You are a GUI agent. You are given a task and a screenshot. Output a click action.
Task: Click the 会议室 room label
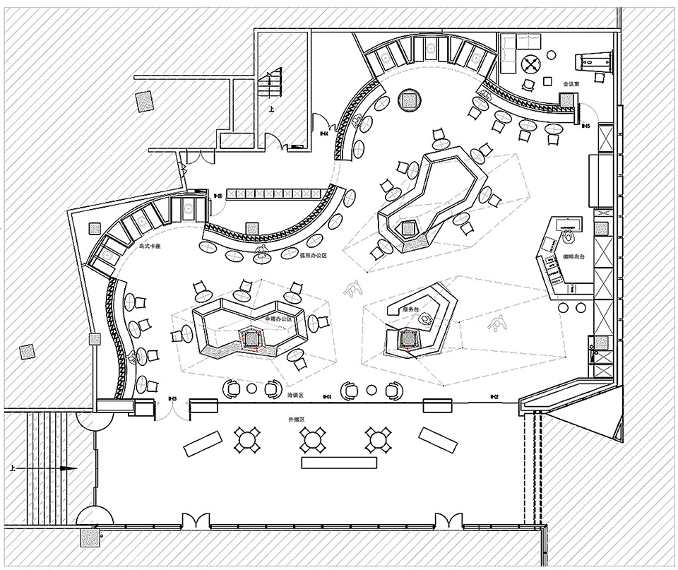[571, 84]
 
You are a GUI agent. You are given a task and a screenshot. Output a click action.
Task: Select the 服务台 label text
[411, 309]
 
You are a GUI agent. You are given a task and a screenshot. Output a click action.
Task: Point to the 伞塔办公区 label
[277, 319]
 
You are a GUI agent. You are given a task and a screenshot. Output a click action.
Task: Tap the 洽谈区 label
[295, 396]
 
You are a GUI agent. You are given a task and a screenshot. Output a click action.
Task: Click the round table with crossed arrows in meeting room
[530, 64]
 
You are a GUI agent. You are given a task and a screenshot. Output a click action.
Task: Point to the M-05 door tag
[585, 126]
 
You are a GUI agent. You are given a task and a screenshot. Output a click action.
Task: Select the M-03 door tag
[172, 400]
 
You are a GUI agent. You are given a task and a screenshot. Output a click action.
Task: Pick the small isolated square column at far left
[28, 352]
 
